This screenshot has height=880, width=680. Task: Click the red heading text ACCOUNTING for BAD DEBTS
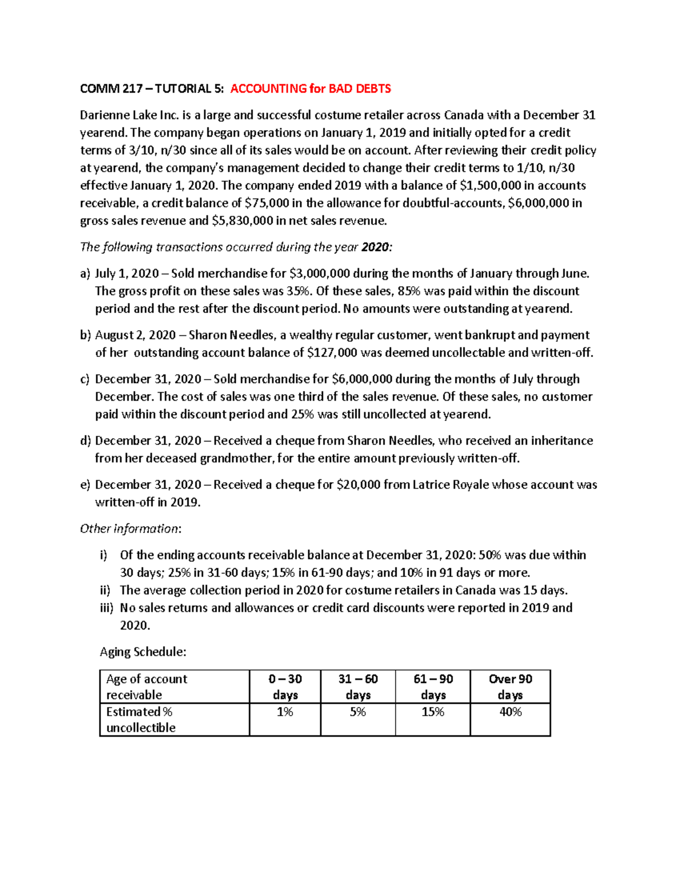click(311, 89)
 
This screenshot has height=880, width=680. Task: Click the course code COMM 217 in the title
click(111, 89)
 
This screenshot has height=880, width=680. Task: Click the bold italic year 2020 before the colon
click(376, 248)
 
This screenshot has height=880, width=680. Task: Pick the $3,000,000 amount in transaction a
click(319, 274)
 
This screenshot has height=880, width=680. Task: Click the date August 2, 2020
click(127, 335)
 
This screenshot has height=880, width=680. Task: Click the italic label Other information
click(129, 529)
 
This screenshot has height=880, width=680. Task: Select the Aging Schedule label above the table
click(143, 652)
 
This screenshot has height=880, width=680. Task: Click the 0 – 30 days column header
click(285, 687)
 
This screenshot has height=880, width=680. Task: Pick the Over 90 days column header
click(510, 687)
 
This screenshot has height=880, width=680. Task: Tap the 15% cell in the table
click(432, 712)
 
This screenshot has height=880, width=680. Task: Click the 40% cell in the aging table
click(510, 712)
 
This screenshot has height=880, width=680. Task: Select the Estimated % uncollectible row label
click(141, 720)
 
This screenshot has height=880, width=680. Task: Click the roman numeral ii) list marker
click(105, 590)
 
